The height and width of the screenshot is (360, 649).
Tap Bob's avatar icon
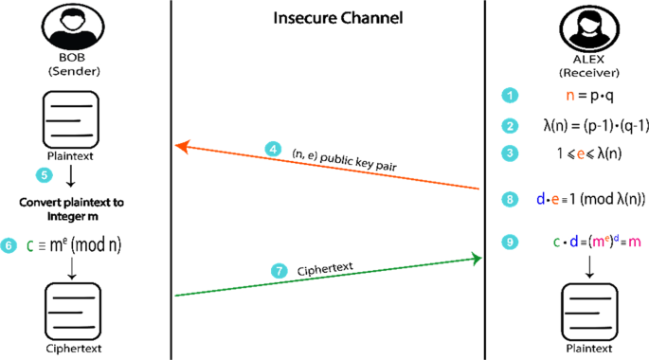(x=66, y=27)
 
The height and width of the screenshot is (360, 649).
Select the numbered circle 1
(x=512, y=96)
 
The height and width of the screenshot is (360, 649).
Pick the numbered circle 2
(x=512, y=125)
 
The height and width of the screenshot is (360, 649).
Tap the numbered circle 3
(x=512, y=153)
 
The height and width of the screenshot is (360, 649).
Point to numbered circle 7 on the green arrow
(x=279, y=272)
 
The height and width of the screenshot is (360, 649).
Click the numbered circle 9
(x=512, y=243)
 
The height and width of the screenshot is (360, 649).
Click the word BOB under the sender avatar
(x=66, y=57)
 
